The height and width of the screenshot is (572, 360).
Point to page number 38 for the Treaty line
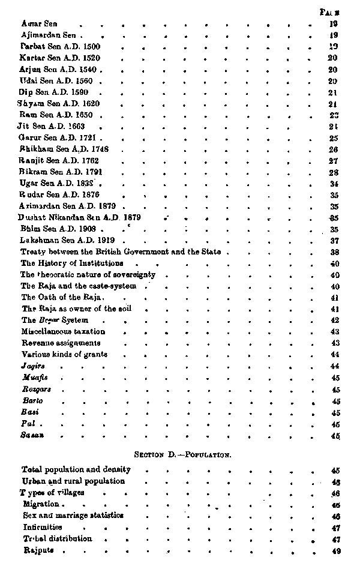coord(335,252)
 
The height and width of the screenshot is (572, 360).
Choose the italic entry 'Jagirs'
coord(32,366)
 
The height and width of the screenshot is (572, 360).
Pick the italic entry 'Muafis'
coord(34,378)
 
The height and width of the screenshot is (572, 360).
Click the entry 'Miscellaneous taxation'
coord(63,331)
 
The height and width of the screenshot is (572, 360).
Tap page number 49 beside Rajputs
coord(335,551)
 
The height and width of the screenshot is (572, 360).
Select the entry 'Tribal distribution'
coord(57,539)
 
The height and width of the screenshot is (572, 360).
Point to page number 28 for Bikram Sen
coord(334,172)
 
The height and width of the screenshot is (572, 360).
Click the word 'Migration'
coord(41,504)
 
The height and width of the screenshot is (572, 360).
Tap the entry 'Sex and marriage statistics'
coord(73,516)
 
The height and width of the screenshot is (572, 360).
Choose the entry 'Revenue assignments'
coord(61,343)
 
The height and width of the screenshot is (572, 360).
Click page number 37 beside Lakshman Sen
coord(335,240)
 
